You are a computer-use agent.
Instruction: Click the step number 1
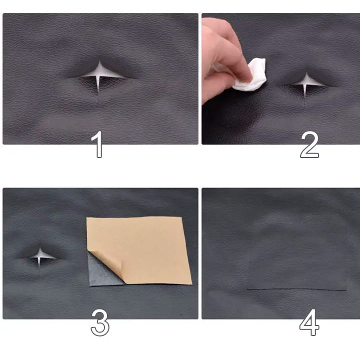click(x=97, y=144)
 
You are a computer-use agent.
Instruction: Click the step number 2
click(x=309, y=144)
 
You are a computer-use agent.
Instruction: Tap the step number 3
click(x=100, y=322)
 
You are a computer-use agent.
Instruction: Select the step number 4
click(x=309, y=322)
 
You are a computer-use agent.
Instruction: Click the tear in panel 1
click(x=99, y=76)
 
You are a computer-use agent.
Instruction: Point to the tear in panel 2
click(x=306, y=84)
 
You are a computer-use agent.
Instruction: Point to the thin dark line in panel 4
click(x=296, y=289)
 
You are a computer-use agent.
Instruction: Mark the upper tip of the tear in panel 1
click(x=99, y=61)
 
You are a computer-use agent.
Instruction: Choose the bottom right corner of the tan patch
click(x=192, y=284)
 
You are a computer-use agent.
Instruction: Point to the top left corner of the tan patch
click(x=86, y=217)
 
